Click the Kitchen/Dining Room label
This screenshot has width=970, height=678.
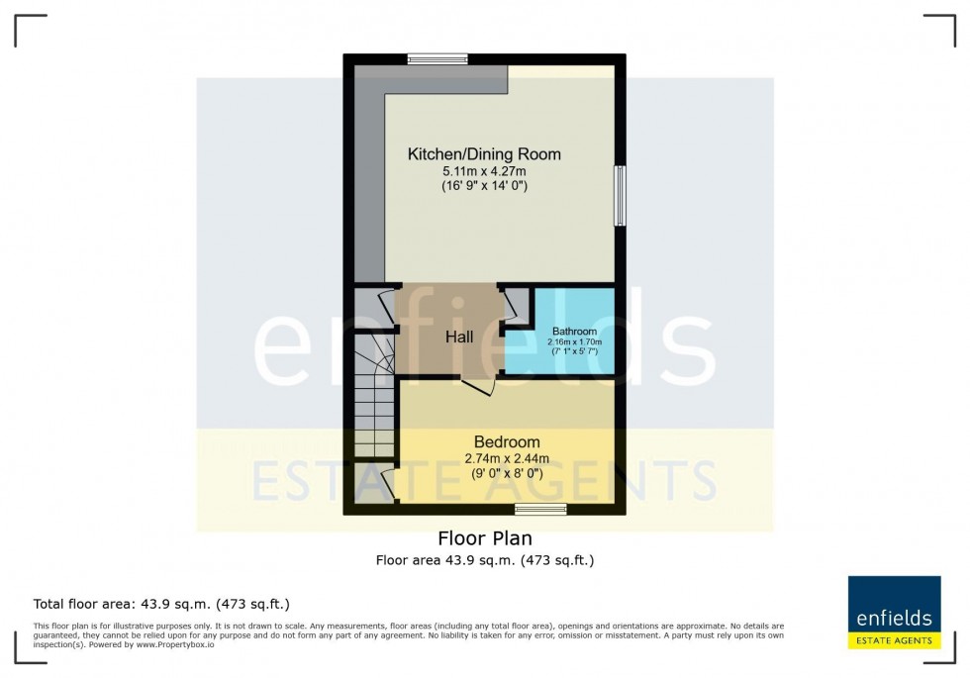(x=484, y=154)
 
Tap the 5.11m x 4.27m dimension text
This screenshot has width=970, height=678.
(x=484, y=171)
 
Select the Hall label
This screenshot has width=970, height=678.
(x=458, y=337)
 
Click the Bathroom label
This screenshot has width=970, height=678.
(x=574, y=331)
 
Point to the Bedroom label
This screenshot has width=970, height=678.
(x=507, y=441)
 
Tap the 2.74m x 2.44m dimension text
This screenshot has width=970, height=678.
(x=507, y=457)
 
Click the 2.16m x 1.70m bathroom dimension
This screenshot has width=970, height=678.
(x=574, y=341)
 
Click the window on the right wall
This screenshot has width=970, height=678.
(x=620, y=195)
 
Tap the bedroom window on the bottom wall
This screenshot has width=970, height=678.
(x=540, y=509)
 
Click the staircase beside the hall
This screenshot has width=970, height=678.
(x=374, y=396)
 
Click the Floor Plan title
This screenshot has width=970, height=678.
(x=485, y=538)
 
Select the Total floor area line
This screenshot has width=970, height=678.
(x=161, y=604)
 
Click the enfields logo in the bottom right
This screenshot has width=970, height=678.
(x=894, y=613)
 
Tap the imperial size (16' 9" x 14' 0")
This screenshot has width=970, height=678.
(x=484, y=186)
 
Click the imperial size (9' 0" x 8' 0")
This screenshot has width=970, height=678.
(x=507, y=473)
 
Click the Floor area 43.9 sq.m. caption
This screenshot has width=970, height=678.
(x=484, y=560)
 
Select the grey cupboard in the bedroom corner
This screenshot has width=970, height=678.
(x=373, y=485)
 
